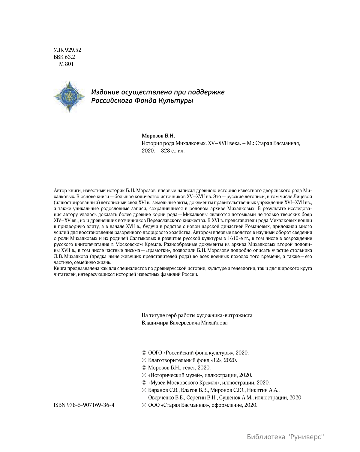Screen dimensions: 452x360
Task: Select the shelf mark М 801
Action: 66,64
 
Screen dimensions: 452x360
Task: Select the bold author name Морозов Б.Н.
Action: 158,136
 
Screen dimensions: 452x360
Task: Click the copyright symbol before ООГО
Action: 144,353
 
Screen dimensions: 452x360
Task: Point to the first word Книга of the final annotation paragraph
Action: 59,268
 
